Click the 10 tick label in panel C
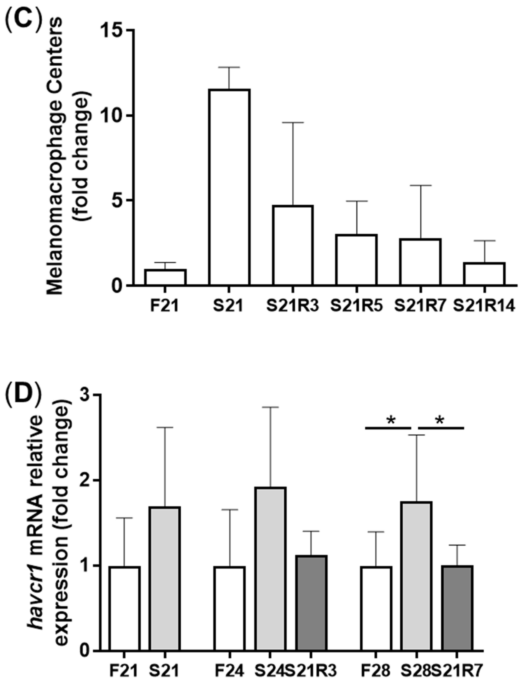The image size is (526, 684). [112, 116]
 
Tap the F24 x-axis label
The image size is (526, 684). [230, 669]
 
